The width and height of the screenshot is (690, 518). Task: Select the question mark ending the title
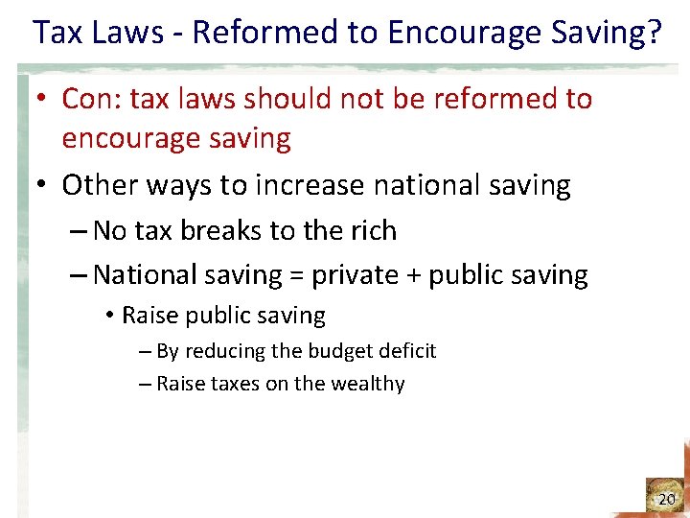(x=653, y=33)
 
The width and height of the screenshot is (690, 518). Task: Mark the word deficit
(x=409, y=351)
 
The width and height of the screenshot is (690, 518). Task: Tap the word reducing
(x=226, y=351)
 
